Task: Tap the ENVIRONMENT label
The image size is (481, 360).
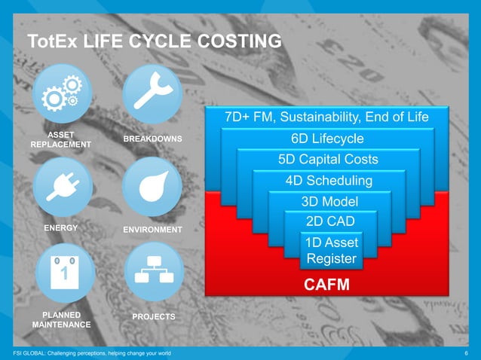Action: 152,229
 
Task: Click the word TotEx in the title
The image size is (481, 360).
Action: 51,41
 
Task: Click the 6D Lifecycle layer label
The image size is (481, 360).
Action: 327,139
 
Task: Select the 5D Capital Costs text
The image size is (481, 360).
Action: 327,160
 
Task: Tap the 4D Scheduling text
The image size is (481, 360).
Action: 328,181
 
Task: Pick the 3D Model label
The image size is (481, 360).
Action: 329,201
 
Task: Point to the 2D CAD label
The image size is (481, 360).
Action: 329,221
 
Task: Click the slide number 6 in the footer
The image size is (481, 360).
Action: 467,353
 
